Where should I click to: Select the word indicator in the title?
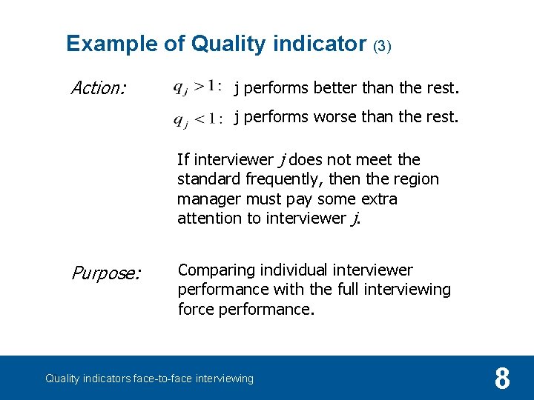coord(319,44)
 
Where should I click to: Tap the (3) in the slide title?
coord(381,46)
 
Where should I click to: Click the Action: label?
coord(99,89)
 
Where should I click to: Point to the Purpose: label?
coord(105,273)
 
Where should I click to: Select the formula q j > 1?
coord(197,88)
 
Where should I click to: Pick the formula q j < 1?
coord(197,119)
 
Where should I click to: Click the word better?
coord(334,89)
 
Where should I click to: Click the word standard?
coord(208,179)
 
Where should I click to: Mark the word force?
coord(196,309)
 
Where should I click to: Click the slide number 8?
coord(502,379)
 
